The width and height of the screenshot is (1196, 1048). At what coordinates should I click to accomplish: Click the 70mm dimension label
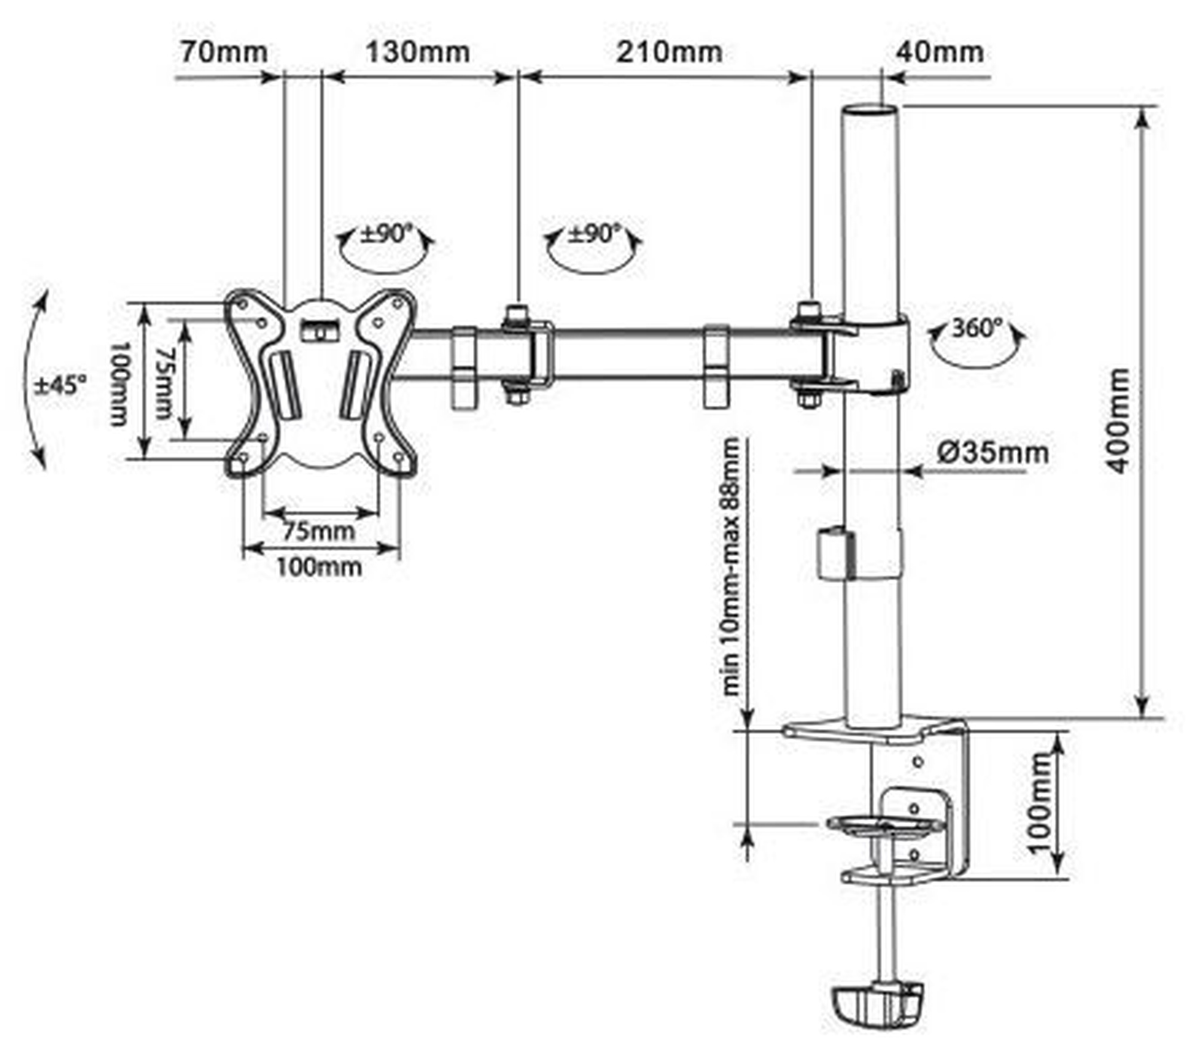coord(224,52)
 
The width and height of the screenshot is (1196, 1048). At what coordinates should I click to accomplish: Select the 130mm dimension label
coord(417,52)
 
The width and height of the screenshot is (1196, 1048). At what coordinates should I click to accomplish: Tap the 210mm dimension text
coord(669,52)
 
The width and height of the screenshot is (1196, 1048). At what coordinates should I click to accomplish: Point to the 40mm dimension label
coord(939,52)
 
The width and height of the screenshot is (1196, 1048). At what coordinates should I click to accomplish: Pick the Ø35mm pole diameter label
coord(993,453)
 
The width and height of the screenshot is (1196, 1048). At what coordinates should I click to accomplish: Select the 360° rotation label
coord(977,328)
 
